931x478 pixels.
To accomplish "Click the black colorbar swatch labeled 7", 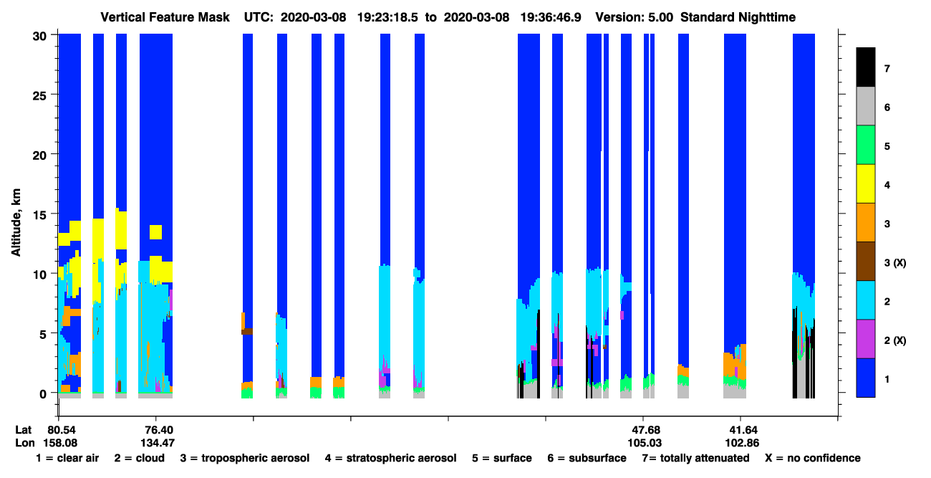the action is coord(866,67).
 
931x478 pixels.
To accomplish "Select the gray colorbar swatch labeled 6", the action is coord(866,106).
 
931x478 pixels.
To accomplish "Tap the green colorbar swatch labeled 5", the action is coord(866,145).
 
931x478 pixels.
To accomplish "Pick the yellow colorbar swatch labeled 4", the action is coord(866,183).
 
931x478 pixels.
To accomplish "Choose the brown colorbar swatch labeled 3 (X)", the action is coord(866,262).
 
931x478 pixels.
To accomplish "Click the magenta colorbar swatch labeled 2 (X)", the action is coord(866,339).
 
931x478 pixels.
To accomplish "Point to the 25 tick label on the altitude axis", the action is coord(39,96).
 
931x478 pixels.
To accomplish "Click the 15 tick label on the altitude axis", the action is coord(39,216).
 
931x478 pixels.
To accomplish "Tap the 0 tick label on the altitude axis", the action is coord(43,394).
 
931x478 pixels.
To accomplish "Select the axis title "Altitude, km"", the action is coord(16,222).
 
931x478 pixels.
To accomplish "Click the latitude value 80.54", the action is coord(62,430).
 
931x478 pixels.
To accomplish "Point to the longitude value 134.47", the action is coord(158,443).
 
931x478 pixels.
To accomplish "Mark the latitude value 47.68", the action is coord(645,430).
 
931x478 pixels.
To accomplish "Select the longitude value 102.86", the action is coord(743,443).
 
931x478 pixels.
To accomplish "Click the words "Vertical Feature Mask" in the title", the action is coord(165,17).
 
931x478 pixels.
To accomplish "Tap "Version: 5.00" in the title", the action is coord(635,17).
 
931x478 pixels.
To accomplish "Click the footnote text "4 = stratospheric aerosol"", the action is coord(391,458).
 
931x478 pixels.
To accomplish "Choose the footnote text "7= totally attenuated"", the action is coord(696,458).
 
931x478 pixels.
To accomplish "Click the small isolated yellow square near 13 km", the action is coord(155,232).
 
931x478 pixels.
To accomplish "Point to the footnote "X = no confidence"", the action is coord(813,458).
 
